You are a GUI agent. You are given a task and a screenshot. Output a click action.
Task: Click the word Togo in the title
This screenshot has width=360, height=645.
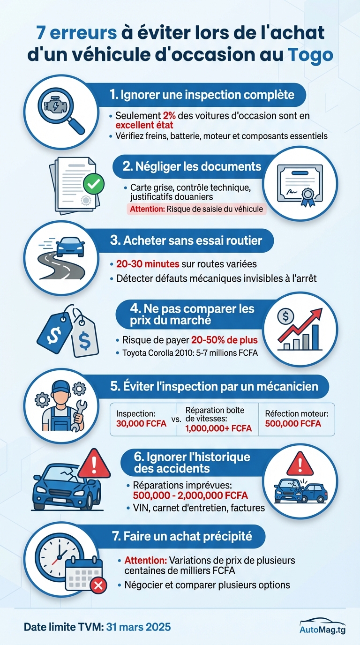click(310, 54)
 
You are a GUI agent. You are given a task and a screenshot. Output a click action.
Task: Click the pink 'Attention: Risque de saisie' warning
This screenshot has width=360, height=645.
click(196, 209)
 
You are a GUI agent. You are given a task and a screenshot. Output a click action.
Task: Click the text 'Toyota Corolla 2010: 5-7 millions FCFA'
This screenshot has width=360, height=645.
click(190, 353)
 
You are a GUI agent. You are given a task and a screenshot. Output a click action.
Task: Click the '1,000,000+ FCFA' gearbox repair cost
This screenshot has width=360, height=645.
click(218, 428)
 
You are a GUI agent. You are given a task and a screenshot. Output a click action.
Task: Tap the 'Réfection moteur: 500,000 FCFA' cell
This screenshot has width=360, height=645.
click(296, 419)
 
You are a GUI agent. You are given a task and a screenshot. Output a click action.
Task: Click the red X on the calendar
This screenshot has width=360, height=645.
click(98, 585)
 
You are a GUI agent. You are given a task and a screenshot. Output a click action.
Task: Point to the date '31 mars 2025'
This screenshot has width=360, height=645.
click(138, 627)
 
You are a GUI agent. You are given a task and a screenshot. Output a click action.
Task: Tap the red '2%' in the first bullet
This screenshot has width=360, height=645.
click(169, 115)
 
